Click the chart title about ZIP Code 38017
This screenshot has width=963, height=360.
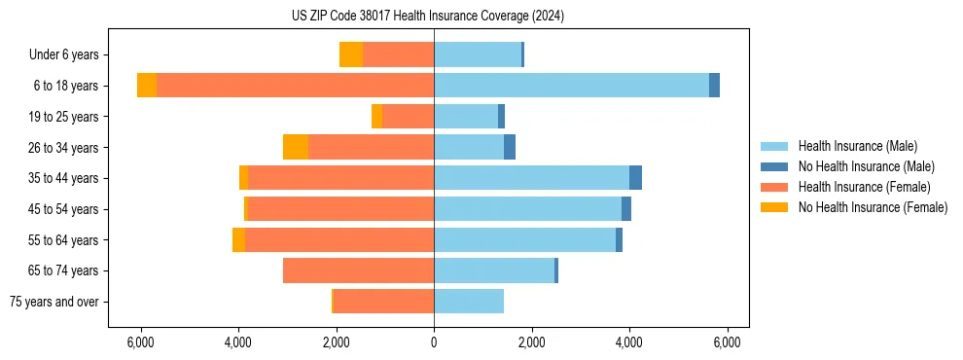(428, 17)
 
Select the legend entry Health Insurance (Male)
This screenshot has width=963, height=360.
(857, 146)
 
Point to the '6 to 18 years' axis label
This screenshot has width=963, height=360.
(66, 86)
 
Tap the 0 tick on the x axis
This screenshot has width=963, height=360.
(434, 342)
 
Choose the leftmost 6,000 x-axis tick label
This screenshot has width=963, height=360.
(141, 342)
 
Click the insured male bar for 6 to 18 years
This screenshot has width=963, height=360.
(571, 86)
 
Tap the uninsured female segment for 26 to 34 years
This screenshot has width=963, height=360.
(296, 147)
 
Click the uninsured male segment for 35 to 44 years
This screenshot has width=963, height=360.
(635, 178)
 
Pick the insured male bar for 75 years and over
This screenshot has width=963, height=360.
(469, 302)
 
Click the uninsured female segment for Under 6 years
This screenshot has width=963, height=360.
(351, 54)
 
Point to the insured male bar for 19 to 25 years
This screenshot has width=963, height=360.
(466, 117)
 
